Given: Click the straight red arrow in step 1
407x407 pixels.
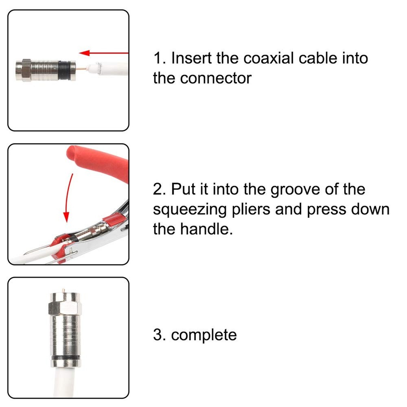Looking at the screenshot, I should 104,53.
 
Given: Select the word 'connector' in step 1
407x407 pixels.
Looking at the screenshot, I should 216,78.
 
